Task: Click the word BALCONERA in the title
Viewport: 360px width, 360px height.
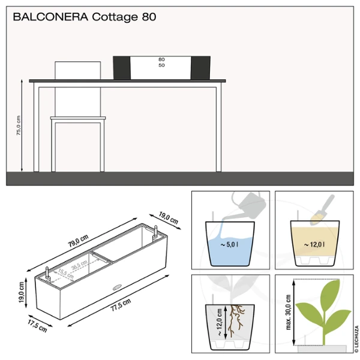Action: coord(50,17)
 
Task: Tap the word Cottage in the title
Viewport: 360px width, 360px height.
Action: coord(115,17)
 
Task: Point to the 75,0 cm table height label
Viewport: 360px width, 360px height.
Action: coord(19,125)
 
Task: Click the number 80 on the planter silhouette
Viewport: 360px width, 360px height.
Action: coord(161,59)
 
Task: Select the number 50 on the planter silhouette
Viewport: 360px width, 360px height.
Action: coord(161,65)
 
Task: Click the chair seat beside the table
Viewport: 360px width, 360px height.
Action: coord(78,118)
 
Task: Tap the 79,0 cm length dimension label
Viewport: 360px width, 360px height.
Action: coord(78,241)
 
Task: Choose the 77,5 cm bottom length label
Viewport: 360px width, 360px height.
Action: coord(121,305)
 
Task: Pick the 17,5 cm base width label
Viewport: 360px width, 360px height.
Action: coord(37,326)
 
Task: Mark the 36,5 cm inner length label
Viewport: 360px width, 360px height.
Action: coord(79,265)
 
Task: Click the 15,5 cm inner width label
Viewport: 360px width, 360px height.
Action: coord(66,274)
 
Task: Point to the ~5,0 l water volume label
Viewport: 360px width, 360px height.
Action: coord(229,245)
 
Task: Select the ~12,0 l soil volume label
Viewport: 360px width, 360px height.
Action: coord(314,245)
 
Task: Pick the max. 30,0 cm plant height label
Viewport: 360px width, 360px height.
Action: coord(289,313)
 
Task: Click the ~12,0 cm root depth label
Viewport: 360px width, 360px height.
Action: coord(219,322)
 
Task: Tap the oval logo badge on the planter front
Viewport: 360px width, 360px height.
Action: coord(117,287)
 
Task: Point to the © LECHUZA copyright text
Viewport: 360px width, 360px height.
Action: coord(356,339)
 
